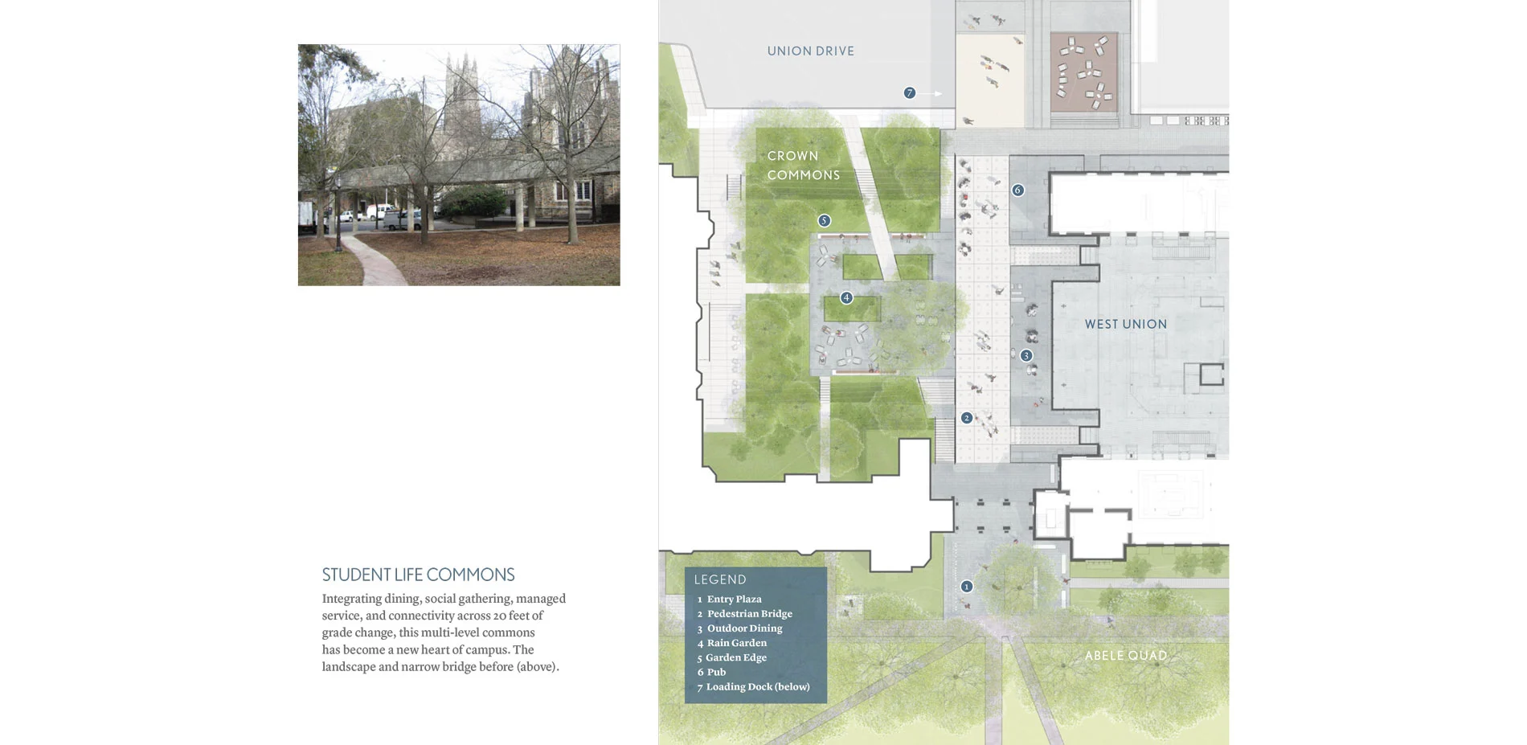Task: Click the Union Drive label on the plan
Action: pos(810,51)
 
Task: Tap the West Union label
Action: pos(1125,324)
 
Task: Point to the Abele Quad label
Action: pos(1125,656)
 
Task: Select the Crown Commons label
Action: pos(803,166)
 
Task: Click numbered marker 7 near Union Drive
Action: pos(910,93)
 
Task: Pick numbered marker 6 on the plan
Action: pos(1017,190)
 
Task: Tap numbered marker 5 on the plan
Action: pos(824,220)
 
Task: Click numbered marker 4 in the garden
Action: pos(846,297)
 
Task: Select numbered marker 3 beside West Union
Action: pos(1026,355)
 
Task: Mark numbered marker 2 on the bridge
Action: pos(967,418)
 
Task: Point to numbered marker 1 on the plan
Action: pos(967,587)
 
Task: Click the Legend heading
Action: pos(720,579)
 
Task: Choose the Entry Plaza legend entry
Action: pos(730,600)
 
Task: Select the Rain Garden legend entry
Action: pos(732,643)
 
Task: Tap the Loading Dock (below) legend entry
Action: pos(753,687)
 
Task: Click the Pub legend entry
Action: pos(711,673)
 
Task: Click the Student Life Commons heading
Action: pos(418,575)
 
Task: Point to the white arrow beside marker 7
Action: pos(931,94)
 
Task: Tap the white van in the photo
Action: pos(382,212)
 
